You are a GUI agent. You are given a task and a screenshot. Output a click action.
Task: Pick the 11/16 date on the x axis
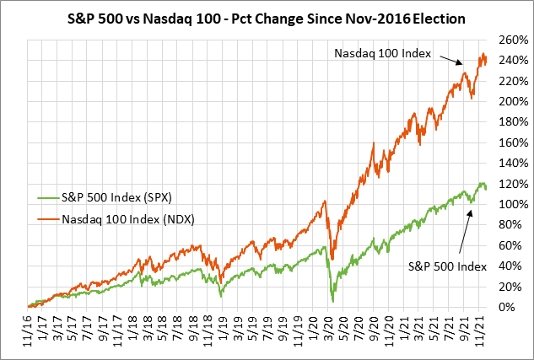pyautogui.click(x=28, y=327)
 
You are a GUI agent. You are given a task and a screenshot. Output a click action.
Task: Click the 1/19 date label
pyautogui.click(x=222, y=327)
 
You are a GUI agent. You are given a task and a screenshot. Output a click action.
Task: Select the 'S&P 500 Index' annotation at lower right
pyautogui.click(x=448, y=267)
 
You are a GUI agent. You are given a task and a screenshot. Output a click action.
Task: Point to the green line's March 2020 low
pyautogui.click(x=333, y=300)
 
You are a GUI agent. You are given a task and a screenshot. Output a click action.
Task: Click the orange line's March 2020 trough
pyautogui.click(x=333, y=258)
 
